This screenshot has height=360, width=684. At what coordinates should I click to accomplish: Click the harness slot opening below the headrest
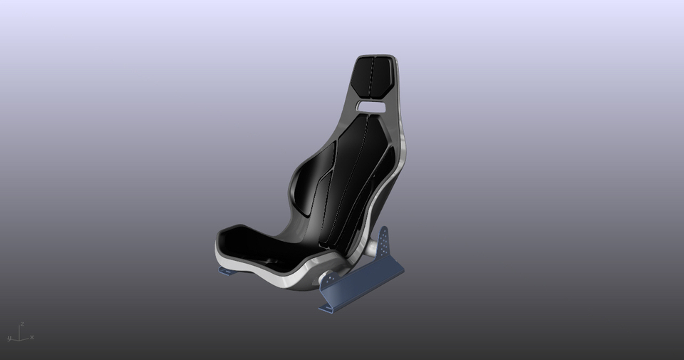pos(371,107)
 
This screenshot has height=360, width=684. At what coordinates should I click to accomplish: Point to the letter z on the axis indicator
pos(22,324)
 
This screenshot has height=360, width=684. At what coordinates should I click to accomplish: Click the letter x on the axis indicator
pos(32,337)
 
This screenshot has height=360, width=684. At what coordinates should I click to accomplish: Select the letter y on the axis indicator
pos(10,337)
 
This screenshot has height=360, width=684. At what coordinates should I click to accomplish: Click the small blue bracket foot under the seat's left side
pos(227,271)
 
